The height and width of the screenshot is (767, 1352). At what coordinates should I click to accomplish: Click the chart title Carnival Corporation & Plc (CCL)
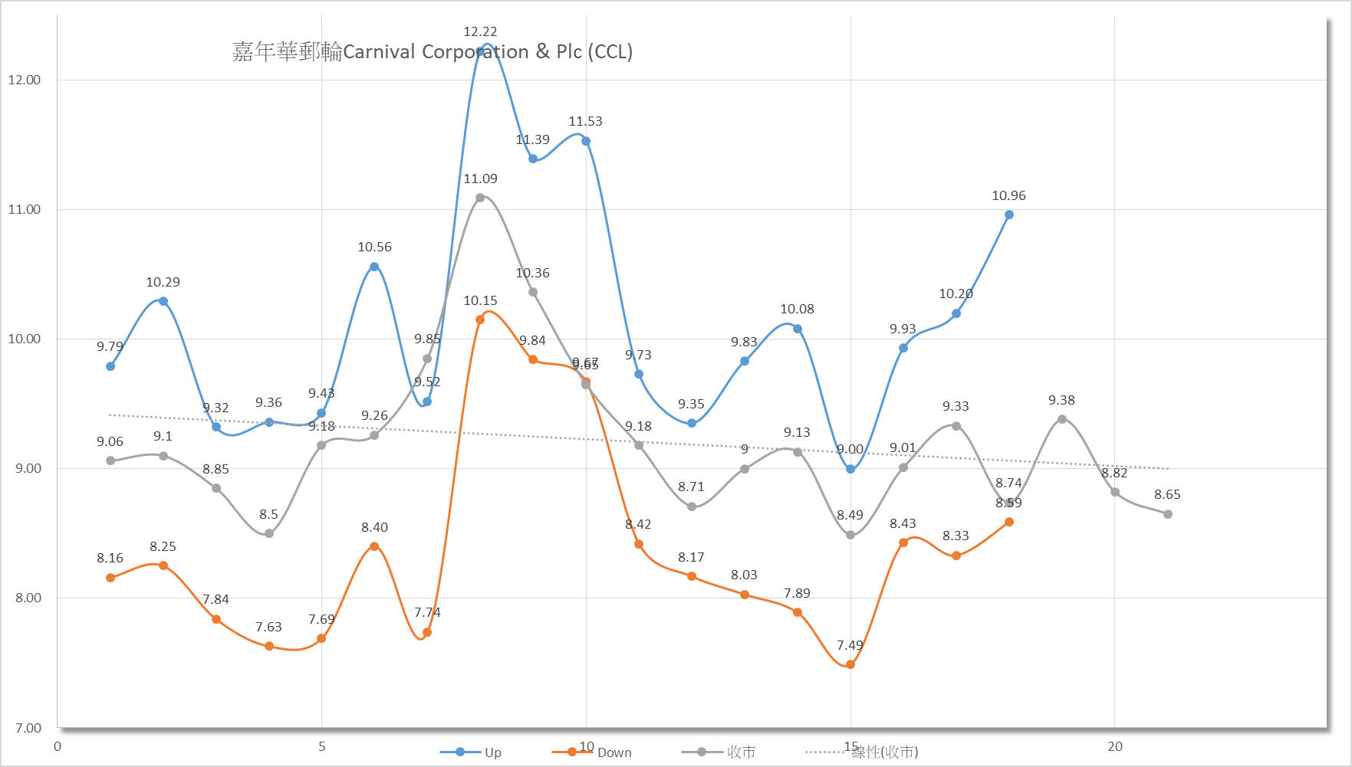tap(433, 51)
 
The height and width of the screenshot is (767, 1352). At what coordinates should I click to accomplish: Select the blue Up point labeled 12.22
tap(480, 52)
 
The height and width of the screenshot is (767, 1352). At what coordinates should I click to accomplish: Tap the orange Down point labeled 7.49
tap(850, 664)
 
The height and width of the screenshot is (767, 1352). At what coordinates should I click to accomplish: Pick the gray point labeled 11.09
tap(480, 198)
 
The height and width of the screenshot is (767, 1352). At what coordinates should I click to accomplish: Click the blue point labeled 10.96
tap(1008, 215)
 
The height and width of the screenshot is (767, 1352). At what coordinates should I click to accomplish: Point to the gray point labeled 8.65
tap(1167, 514)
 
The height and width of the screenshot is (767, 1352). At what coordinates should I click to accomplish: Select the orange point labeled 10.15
tap(480, 320)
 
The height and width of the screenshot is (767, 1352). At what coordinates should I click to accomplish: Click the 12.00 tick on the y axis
tap(25, 80)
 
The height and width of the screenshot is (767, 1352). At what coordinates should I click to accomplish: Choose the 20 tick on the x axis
tap(1114, 746)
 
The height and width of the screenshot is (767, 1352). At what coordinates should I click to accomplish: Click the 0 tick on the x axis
tap(58, 746)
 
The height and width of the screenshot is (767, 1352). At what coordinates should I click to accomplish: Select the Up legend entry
tap(471, 752)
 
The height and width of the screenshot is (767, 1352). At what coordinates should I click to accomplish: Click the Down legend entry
tap(591, 752)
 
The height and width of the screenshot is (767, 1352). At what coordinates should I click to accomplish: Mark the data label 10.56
tap(374, 247)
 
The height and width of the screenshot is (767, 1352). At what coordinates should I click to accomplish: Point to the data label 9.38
tap(1061, 400)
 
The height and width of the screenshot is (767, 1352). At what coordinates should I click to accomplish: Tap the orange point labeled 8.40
tap(374, 546)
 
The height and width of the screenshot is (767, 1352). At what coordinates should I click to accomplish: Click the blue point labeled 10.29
tap(163, 301)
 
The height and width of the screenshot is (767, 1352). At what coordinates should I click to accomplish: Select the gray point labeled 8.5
tap(269, 533)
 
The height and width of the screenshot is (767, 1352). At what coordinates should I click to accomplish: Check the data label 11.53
tap(585, 121)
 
